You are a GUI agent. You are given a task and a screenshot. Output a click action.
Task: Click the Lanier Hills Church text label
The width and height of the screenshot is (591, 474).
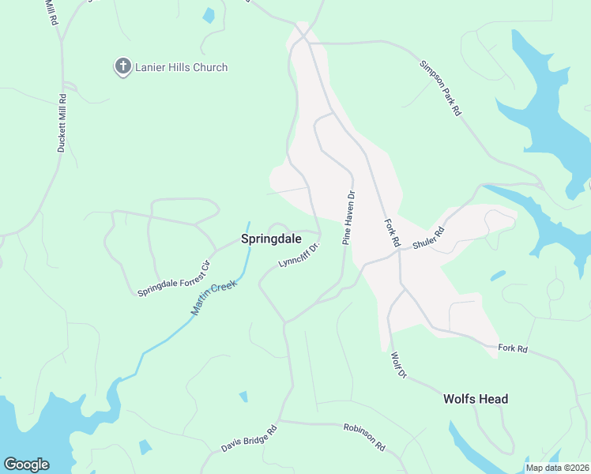coord(182,67)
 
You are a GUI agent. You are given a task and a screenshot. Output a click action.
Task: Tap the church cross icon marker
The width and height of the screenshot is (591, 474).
coord(122,67)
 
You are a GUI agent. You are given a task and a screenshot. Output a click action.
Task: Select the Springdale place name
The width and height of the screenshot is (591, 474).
coord(270,237)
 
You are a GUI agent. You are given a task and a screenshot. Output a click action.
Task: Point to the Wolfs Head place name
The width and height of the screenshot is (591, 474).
coord(476,399)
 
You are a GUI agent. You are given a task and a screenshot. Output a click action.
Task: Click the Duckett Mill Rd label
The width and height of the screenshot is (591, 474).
coord(62,122)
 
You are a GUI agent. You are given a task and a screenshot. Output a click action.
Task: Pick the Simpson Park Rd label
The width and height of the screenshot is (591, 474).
coord(440,88)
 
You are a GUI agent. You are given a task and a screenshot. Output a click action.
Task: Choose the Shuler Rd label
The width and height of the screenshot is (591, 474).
coord(429,238)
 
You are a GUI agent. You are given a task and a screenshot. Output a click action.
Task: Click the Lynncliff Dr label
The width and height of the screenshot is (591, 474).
coord(298,255)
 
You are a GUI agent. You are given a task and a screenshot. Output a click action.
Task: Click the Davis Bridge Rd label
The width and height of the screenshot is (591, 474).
coord(249,439)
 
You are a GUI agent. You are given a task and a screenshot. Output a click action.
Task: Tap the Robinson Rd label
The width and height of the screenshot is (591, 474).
coord(364,437)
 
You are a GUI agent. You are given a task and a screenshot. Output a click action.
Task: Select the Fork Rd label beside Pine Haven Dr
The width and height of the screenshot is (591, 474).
coord(391,235)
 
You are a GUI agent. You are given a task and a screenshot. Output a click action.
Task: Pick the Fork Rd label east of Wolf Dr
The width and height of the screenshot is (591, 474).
coord(512,348)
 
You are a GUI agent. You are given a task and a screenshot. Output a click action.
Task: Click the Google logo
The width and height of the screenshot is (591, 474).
coord(26,465)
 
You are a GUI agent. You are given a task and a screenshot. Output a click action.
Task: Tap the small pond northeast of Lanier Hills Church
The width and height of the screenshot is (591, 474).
coord(209,15)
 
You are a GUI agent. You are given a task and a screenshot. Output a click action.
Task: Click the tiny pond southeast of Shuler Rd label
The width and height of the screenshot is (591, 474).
coord(498,276)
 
